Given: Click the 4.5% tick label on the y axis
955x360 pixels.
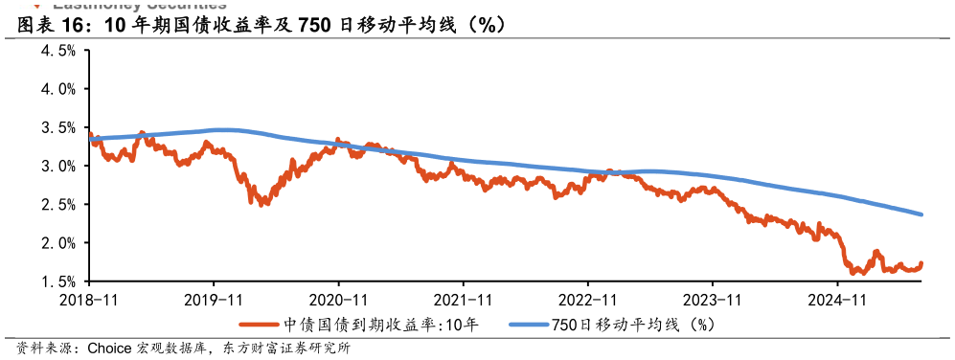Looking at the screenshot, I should pos(58,50).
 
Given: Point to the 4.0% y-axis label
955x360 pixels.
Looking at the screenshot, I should pos(58,88).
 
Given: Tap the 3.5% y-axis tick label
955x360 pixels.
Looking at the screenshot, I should pos(58,127).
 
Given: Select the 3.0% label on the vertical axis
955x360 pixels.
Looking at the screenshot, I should pos(58,166).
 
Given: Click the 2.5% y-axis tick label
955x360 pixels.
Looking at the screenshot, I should pos(58,204).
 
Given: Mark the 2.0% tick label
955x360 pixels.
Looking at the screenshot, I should pos(58,243).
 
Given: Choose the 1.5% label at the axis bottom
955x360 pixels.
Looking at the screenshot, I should pos(58,281).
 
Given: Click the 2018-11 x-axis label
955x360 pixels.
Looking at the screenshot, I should pos(89,299).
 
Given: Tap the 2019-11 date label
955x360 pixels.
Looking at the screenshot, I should pos(214,299).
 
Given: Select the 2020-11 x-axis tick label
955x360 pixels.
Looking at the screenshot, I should pos(338,299).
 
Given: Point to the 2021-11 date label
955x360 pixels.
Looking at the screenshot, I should pos(463,299).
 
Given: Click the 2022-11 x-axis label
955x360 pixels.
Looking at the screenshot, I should pos(587,299).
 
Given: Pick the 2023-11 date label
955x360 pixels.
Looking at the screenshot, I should pos(713,299).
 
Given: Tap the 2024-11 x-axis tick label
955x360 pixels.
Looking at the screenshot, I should pos(837,299).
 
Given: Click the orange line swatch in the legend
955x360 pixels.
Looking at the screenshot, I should pos(260,325).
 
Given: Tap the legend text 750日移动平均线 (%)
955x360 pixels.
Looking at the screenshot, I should pos(633,325).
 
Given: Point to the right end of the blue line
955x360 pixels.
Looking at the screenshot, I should pos(921,214).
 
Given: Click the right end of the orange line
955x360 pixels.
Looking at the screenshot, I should pos(921,263).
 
